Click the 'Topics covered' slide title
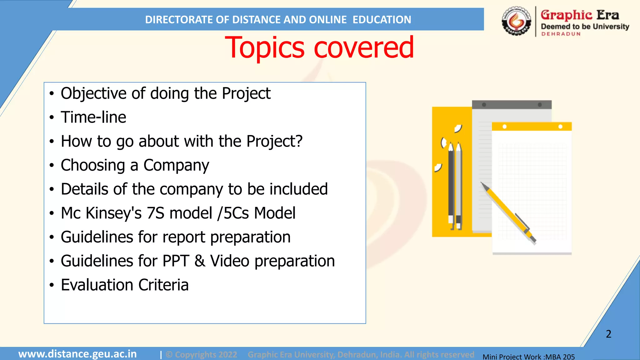click(319, 47)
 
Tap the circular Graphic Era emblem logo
click(516, 21)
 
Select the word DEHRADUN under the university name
click(561, 34)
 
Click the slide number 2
click(608, 334)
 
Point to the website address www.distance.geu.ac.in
click(77, 354)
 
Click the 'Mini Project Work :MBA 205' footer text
click(528, 357)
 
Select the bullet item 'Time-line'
click(93, 117)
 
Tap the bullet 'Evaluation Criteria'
click(125, 285)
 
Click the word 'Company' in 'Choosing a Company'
click(176, 165)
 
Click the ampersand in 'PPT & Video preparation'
click(200, 261)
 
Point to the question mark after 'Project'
click(299, 141)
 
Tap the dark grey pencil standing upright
click(451, 184)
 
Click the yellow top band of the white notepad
click(531, 127)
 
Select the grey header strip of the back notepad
click(512, 105)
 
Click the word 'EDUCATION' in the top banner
click(382, 20)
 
